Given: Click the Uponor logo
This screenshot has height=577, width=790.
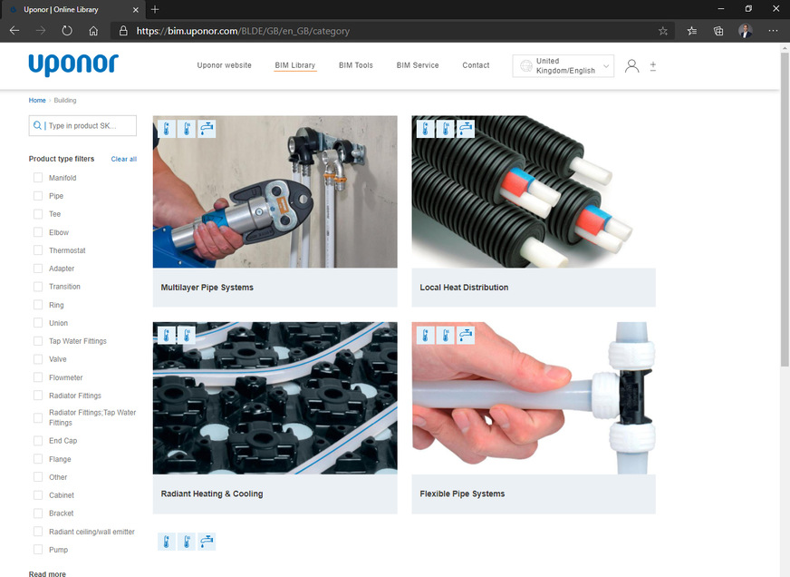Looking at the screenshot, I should (x=72, y=64).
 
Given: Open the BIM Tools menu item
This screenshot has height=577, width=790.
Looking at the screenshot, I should (x=356, y=65).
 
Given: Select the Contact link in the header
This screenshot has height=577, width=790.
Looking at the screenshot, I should (x=476, y=65).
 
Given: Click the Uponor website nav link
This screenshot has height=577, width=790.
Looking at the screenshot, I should (x=224, y=65).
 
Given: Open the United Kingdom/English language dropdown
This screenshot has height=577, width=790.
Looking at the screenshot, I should (x=563, y=65).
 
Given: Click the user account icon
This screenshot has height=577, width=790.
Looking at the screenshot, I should (x=631, y=66).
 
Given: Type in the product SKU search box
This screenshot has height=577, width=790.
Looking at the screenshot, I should (x=88, y=126).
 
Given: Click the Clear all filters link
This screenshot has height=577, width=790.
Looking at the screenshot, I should (x=124, y=159).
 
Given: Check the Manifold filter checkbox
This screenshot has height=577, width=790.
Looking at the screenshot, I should (x=38, y=178).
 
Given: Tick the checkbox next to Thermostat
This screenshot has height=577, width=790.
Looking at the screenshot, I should (x=38, y=250).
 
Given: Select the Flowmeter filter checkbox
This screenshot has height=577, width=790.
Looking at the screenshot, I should (x=38, y=377).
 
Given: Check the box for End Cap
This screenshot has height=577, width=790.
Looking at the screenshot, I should (x=38, y=441).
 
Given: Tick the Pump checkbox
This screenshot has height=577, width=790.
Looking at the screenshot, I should (x=38, y=550).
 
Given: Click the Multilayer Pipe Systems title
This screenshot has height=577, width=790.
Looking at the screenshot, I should (x=207, y=288).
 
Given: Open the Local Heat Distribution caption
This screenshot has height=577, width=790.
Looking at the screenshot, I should (x=464, y=288).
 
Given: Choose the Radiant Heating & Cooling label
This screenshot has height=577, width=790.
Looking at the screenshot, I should (x=212, y=494).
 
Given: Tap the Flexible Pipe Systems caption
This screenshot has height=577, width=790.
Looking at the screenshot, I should (x=462, y=494).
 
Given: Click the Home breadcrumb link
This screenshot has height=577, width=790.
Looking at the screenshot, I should (x=37, y=101).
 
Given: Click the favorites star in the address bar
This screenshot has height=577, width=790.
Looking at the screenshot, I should (x=663, y=30).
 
